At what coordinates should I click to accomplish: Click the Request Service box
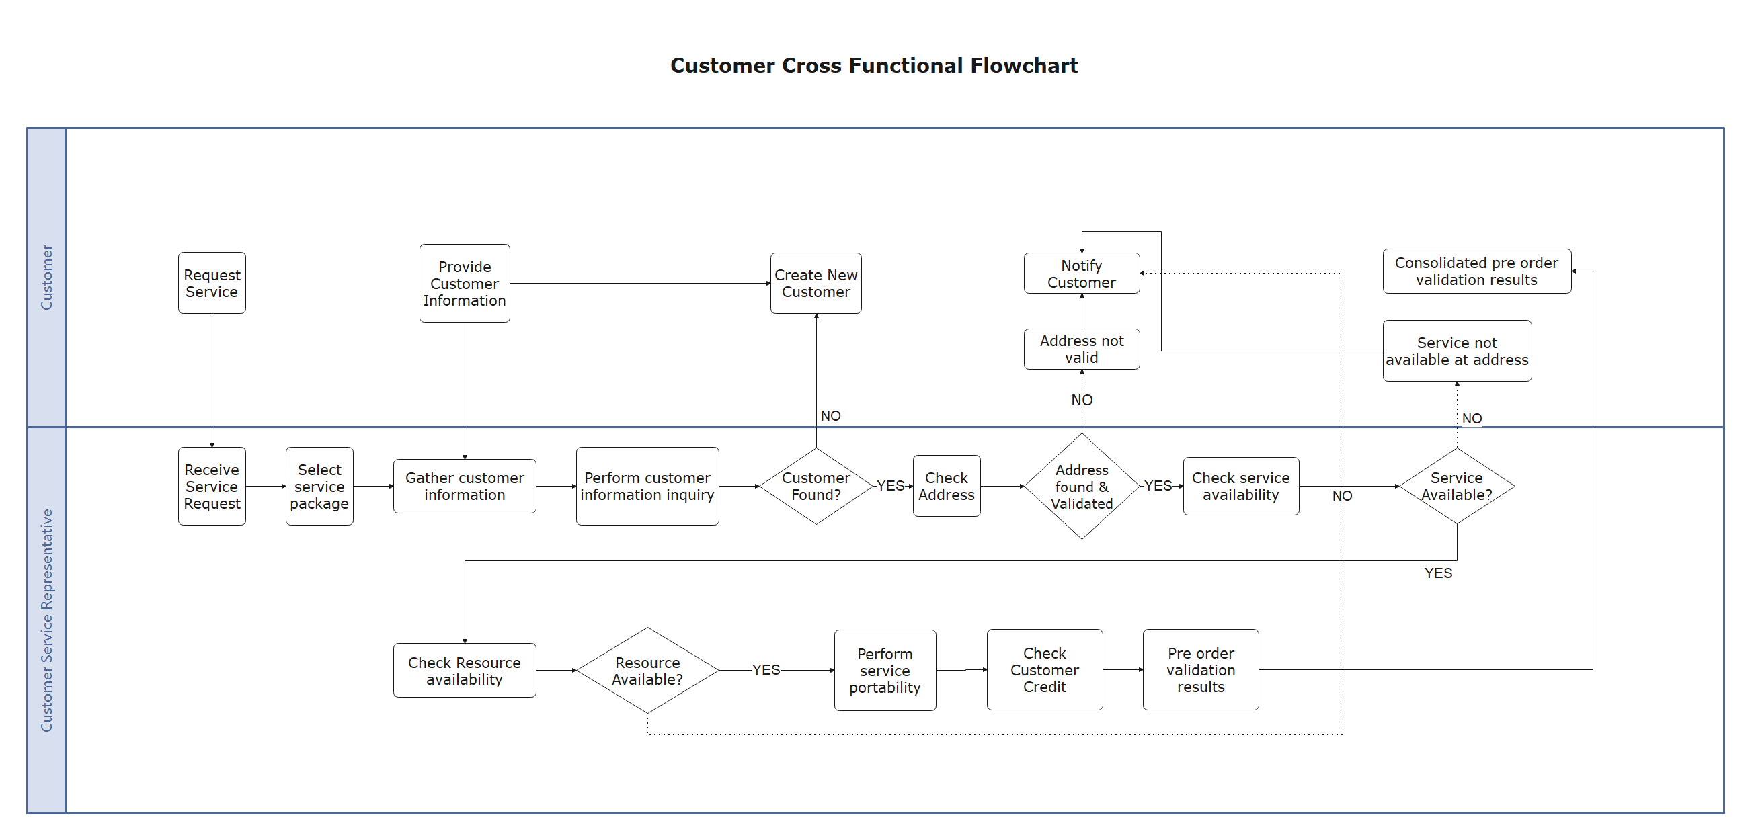pos(211,283)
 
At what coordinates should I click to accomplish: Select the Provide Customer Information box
pos(464,283)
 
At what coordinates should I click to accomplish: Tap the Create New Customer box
pos(816,283)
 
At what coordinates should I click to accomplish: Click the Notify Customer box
pos(1081,274)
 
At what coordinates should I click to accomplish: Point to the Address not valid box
pos(1081,349)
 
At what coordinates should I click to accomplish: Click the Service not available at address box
pos(1456,351)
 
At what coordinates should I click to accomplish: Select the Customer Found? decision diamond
pos(816,487)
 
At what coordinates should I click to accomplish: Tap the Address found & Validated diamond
pos(1081,487)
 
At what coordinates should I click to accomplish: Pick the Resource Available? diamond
pos(647,670)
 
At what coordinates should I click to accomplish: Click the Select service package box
pos(319,487)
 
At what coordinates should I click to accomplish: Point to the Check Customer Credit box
pos(1044,669)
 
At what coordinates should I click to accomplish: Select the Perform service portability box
pos(885,670)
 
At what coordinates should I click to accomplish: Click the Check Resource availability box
pos(464,670)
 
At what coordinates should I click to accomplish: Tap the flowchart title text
pos(873,65)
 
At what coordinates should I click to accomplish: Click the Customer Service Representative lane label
pos(46,620)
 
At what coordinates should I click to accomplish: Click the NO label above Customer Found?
pos(830,415)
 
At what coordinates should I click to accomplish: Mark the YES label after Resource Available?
pos(766,670)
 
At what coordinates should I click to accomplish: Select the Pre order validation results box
pos(1200,669)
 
